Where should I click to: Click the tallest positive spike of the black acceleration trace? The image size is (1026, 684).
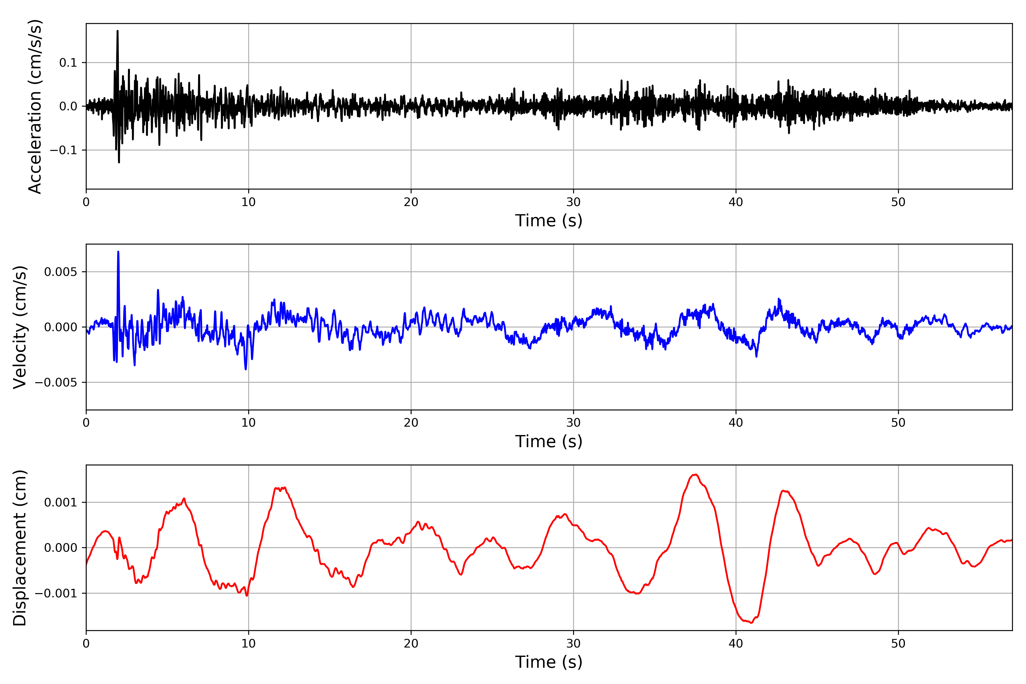117,31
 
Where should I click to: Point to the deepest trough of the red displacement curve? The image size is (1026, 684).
751,622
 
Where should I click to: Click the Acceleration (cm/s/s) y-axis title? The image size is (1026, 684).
35,106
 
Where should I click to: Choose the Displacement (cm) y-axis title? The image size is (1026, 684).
20,547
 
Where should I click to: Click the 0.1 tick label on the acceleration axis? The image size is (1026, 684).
68,63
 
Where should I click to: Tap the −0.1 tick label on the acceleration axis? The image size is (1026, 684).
63,150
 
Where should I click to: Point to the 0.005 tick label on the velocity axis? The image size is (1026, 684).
61,272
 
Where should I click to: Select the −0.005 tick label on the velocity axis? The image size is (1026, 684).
56,382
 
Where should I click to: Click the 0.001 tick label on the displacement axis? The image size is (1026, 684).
61,502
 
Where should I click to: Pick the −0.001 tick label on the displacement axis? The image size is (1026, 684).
56,593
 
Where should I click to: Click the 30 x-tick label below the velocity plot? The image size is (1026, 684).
573,422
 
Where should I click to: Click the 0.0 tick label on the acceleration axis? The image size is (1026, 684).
68,106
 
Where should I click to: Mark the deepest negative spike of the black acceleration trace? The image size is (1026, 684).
119,162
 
